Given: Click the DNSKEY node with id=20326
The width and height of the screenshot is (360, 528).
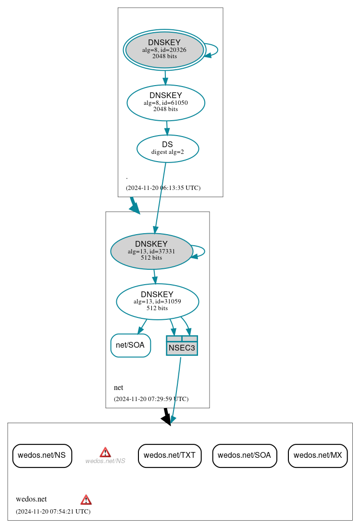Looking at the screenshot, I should pyautogui.click(x=164, y=50).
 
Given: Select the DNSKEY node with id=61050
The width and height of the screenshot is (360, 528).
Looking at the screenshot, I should pyautogui.click(x=166, y=102).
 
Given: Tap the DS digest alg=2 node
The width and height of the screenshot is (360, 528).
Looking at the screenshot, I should pyautogui.click(x=168, y=149).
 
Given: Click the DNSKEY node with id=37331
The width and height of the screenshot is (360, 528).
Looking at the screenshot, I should pyautogui.click(x=151, y=251).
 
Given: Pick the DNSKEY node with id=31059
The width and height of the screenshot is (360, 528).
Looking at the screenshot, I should pyautogui.click(x=157, y=302).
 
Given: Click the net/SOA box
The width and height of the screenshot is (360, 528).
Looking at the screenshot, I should pyautogui.click(x=130, y=345).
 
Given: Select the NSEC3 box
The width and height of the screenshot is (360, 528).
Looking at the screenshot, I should pyautogui.click(x=182, y=345).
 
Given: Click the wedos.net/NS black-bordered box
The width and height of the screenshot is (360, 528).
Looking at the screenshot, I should pyautogui.click(x=42, y=455).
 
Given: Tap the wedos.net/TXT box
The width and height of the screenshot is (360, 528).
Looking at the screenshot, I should pyautogui.click(x=170, y=455).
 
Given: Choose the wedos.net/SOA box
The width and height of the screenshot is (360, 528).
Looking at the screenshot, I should pyautogui.click(x=244, y=455).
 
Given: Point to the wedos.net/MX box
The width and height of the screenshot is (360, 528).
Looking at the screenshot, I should pyautogui.click(x=317, y=455).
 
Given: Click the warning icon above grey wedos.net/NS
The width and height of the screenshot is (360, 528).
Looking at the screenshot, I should pyautogui.click(x=105, y=452).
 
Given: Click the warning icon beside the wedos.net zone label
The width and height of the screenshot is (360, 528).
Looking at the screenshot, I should pyautogui.click(x=86, y=499).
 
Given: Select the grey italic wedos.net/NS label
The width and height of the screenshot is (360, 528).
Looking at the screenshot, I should pyautogui.click(x=105, y=461).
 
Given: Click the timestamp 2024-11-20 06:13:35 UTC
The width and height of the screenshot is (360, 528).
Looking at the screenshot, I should pyautogui.click(x=163, y=188).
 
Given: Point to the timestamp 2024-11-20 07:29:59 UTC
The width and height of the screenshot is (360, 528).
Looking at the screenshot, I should pyautogui.click(x=151, y=399).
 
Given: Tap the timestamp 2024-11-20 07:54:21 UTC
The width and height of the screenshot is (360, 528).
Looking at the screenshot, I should pyautogui.click(x=53, y=512).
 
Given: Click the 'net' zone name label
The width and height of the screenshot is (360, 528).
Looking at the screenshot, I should pyautogui.click(x=118, y=388).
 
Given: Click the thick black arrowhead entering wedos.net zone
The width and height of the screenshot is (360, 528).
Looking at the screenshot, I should pyautogui.click(x=166, y=419).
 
